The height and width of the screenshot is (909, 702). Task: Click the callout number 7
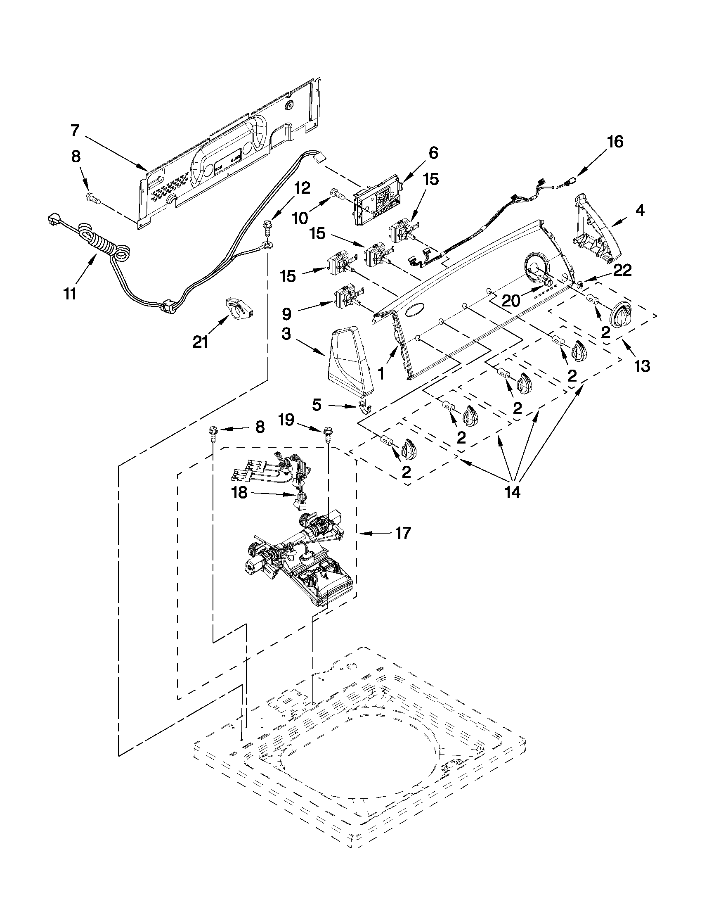74,131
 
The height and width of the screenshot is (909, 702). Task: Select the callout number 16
615,142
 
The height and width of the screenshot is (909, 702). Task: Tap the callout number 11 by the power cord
69,294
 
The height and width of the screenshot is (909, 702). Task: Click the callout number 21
201,342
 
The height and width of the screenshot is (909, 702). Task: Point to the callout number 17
403,533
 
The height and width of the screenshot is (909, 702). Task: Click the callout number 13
642,366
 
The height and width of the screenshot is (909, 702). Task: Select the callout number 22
623,271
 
